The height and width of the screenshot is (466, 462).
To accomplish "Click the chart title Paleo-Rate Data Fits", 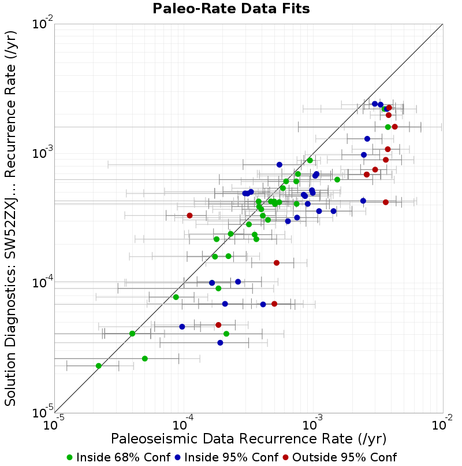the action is (x=231, y=9).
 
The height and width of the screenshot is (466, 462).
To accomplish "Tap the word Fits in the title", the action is (x=297, y=9).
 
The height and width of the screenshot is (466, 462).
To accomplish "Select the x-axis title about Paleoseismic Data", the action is (x=248, y=439).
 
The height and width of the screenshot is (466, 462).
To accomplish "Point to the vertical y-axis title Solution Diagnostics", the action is (x=10, y=218).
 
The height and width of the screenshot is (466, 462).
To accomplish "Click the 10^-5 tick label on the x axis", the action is (x=53, y=423).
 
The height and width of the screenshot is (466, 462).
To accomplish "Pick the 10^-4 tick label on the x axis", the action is (x=183, y=423).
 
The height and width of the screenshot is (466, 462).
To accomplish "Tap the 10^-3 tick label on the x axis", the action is (x=312, y=423).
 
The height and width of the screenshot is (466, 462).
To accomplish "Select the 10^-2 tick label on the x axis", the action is (x=442, y=423).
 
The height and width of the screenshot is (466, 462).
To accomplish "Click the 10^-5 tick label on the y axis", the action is (x=42, y=411).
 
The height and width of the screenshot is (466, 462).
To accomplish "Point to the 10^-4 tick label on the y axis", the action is (x=42, y=282).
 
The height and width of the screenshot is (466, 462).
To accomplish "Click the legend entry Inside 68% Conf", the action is (x=119, y=457).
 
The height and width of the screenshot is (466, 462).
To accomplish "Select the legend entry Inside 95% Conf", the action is (x=227, y=457).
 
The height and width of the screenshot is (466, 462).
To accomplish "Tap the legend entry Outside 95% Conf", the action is (x=340, y=457).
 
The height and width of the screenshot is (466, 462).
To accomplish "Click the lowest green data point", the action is (x=99, y=366).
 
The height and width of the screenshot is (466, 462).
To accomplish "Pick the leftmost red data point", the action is (x=190, y=216).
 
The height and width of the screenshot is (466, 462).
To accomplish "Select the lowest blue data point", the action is (x=220, y=343).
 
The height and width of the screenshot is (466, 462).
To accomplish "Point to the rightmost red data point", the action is (x=394, y=127).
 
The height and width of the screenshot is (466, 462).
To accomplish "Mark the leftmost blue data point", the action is (x=182, y=327).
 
